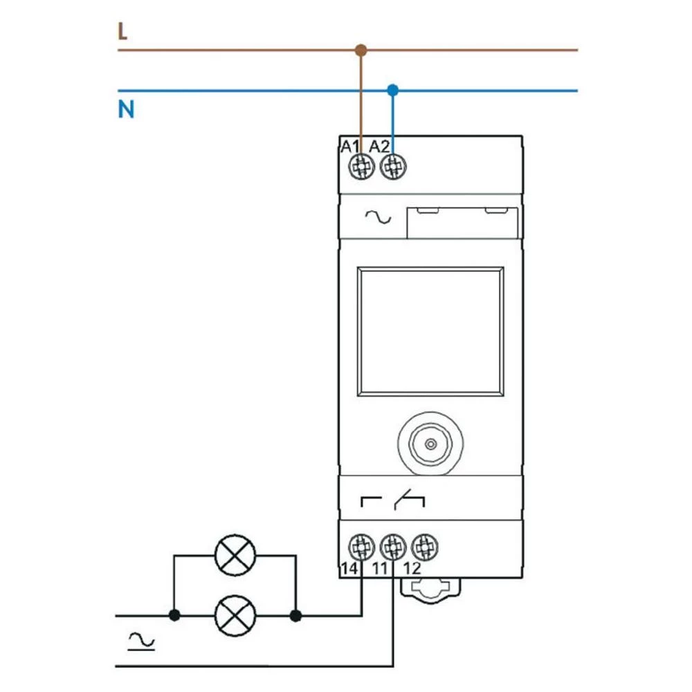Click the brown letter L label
(x=122, y=32)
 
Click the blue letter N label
(x=125, y=110)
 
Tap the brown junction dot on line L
(x=360, y=50)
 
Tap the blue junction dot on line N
(x=393, y=90)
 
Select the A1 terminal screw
(x=360, y=166)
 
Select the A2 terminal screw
(x=393, y=166)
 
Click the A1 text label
(x=349, y=146)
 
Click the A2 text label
(x=379, y=146)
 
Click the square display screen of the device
(x=430, y=332)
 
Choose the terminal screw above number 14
(x=360, y=547)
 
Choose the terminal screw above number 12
(x=423, y=547)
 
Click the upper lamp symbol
(x=235, y=555)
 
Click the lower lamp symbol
(x=235, y=614)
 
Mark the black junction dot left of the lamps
(x=174, y=614)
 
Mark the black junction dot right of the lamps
(x=296, y=614)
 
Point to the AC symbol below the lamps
(x=142, y=642)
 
